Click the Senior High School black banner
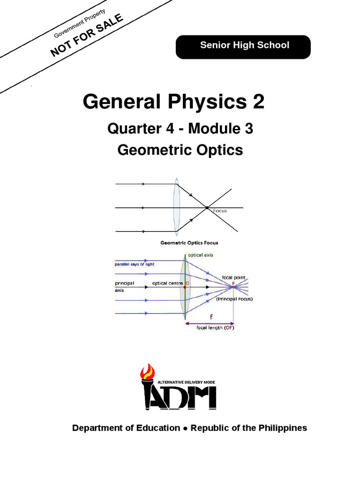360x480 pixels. click(243, 46)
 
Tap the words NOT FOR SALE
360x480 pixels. click(87, 36)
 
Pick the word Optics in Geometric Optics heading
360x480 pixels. click(220, 150)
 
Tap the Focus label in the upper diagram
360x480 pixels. click(220, 211)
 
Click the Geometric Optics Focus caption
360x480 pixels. click(189, 243)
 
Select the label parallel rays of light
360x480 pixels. click(135, 264)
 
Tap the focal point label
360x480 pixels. click(234, 277)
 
